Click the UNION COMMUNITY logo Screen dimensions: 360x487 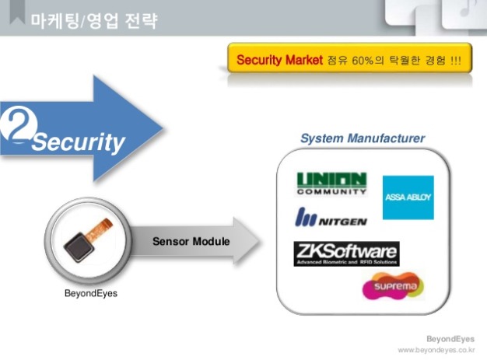tap(331, 183)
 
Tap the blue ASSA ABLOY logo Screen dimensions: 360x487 tap(408, 197)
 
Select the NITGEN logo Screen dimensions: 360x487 tap(331, 218)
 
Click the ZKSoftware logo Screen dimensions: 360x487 tap(345, 253)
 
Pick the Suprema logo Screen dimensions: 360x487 tap(393, 287)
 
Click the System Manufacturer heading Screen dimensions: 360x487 tap(362, 138)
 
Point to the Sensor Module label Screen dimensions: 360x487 tap(191, 241)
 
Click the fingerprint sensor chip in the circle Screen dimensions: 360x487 tap(80, 247)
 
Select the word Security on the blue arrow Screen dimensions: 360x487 tap(79, 142)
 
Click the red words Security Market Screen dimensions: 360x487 tap(279, 60)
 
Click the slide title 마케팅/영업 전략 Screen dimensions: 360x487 tap(94, 21)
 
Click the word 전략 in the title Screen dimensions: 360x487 tap(145, 21)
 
